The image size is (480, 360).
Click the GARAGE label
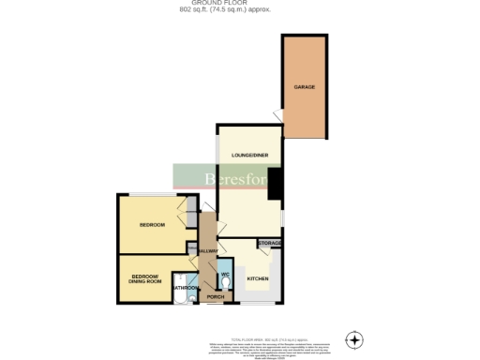[304, 86]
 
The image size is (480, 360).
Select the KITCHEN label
[258, 279]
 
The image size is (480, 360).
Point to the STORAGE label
[270, 244]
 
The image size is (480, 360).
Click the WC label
[225, 273]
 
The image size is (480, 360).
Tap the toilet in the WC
[225, 283]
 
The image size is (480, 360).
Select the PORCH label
[215, 297]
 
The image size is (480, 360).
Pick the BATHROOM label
[186, 288]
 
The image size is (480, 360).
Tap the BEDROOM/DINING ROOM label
[146, 278]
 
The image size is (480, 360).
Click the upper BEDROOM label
[152, 225]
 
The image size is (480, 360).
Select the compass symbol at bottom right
[353, 338]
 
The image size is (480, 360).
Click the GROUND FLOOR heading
[239, 3]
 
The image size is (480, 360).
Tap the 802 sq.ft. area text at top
[239, 9]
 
